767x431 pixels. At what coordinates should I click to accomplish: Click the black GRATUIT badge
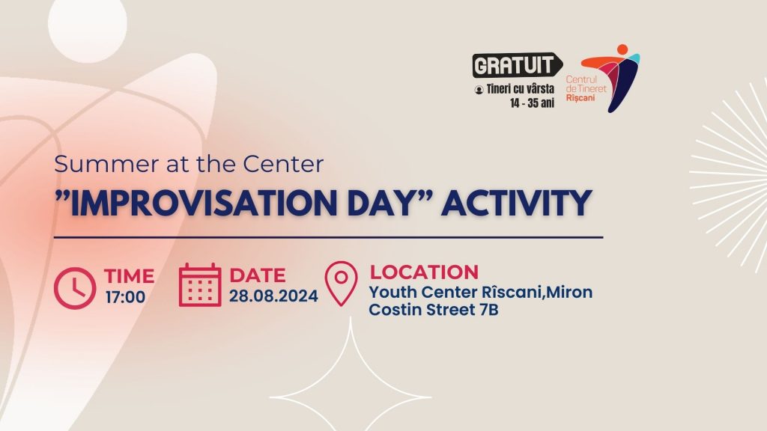[517, 65]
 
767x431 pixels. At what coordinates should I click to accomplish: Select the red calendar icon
[199, 285]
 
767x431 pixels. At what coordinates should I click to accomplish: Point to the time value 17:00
[125, 297]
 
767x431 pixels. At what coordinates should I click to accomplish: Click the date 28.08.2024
[273, 296]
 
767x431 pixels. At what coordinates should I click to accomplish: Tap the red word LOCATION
[424, 272]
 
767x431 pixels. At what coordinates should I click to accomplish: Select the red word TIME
[129, 276]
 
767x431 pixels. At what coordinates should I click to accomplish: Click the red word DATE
[258, 275]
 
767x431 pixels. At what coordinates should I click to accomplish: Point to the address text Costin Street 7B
[434, 310]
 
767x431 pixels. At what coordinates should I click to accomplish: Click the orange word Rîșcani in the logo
[580, 98]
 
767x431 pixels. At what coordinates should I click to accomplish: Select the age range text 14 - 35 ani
[533, 103]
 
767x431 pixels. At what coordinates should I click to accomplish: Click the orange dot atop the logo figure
[622, 49]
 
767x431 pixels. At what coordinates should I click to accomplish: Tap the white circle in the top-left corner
[88, 25]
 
